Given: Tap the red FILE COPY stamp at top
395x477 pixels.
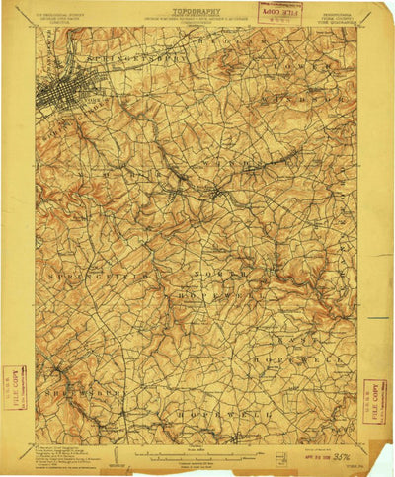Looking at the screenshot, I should tap(279, 11).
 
